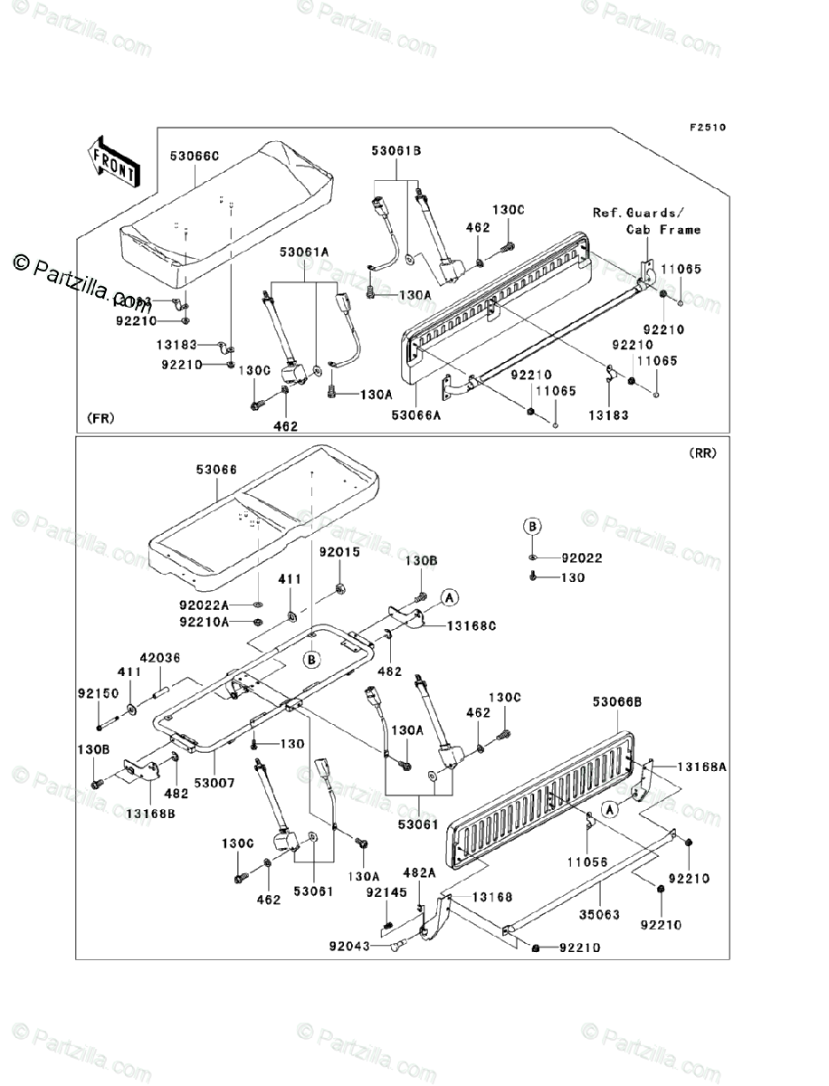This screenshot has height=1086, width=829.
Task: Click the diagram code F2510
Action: tap(708, 128)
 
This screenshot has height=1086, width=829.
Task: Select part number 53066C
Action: tap(195, 157)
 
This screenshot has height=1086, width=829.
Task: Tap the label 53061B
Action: tap(395, 151)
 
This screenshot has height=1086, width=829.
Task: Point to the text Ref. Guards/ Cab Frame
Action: tap(646, 222)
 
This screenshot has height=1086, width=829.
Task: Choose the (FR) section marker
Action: tap(100, 418)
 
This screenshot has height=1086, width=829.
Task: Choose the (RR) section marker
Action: tap(701, 453)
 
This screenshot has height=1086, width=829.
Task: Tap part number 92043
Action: tap(347, 948)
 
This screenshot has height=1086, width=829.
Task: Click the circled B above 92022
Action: tap(534, 526)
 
